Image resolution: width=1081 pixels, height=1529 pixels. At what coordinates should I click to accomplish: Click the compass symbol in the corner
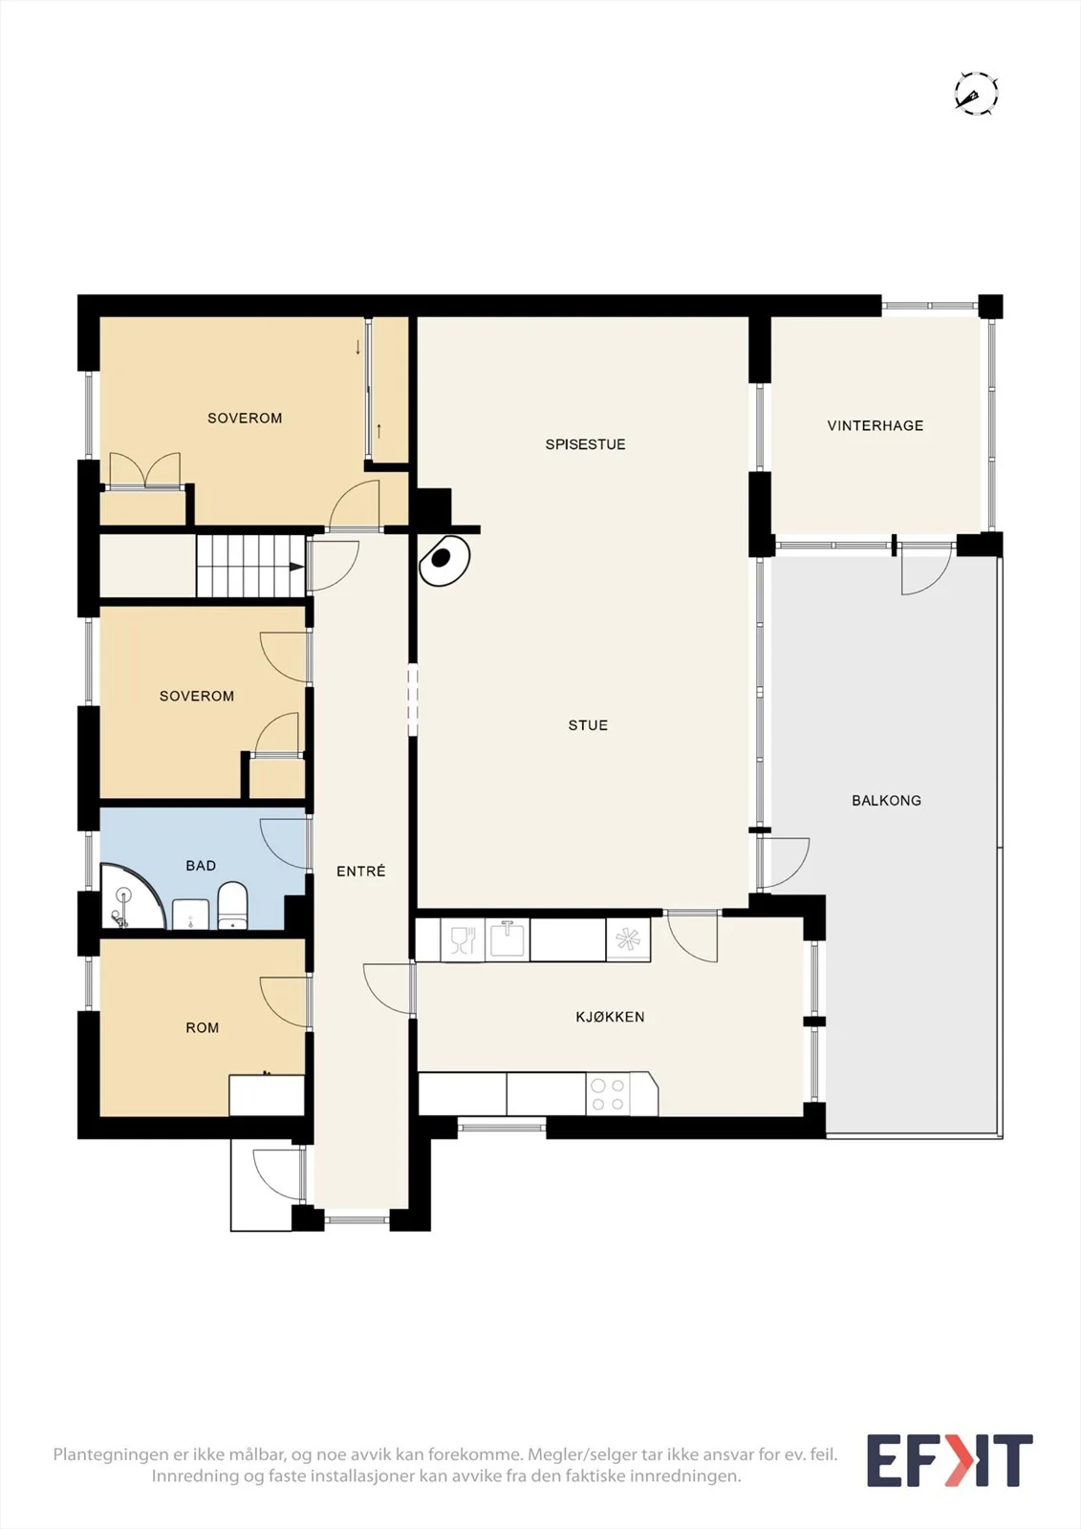pyautogui.click(x=977, y=93)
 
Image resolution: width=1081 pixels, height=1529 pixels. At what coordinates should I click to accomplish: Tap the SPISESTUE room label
pyautogui.click(x=585, y=444)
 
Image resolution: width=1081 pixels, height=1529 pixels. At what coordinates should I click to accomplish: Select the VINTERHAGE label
pyautogui.click(x=876, y=426)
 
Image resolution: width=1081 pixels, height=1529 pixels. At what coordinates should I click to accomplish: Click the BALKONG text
pyautogui.click(x=886, y=801)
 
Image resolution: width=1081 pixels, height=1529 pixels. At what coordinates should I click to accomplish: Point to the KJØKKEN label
pyautogui.click(x=610, y=1017)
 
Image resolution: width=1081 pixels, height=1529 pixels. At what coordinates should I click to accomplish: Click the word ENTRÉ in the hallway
pyautogui.click(x=361, y=871)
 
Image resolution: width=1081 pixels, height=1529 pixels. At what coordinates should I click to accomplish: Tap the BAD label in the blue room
pyautogui.click(x=201, y=866)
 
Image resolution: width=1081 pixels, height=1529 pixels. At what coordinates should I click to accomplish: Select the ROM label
pyautogui.click(x=202, y=1028)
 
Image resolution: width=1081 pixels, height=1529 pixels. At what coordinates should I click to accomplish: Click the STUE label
pyautogui.click(x=588, y=725)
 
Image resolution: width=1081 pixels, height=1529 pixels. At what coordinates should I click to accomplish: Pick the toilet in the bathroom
pyautogui.click(x=232, y=905)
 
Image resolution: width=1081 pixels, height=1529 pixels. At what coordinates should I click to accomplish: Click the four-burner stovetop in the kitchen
pyautogui.click(x=608, y=1094)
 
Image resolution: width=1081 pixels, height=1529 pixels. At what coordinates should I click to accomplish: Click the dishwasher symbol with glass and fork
pyautogui.click(x=463, y=939)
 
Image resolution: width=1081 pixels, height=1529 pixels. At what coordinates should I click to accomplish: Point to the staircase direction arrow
pyautogui.click(x=296, y=567)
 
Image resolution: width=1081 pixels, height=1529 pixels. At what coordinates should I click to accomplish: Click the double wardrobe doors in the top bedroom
pyautogui.click(x=144, y=469)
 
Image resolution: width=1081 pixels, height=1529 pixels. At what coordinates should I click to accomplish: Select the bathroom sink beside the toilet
pyautogui.click(x=190, y=914)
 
